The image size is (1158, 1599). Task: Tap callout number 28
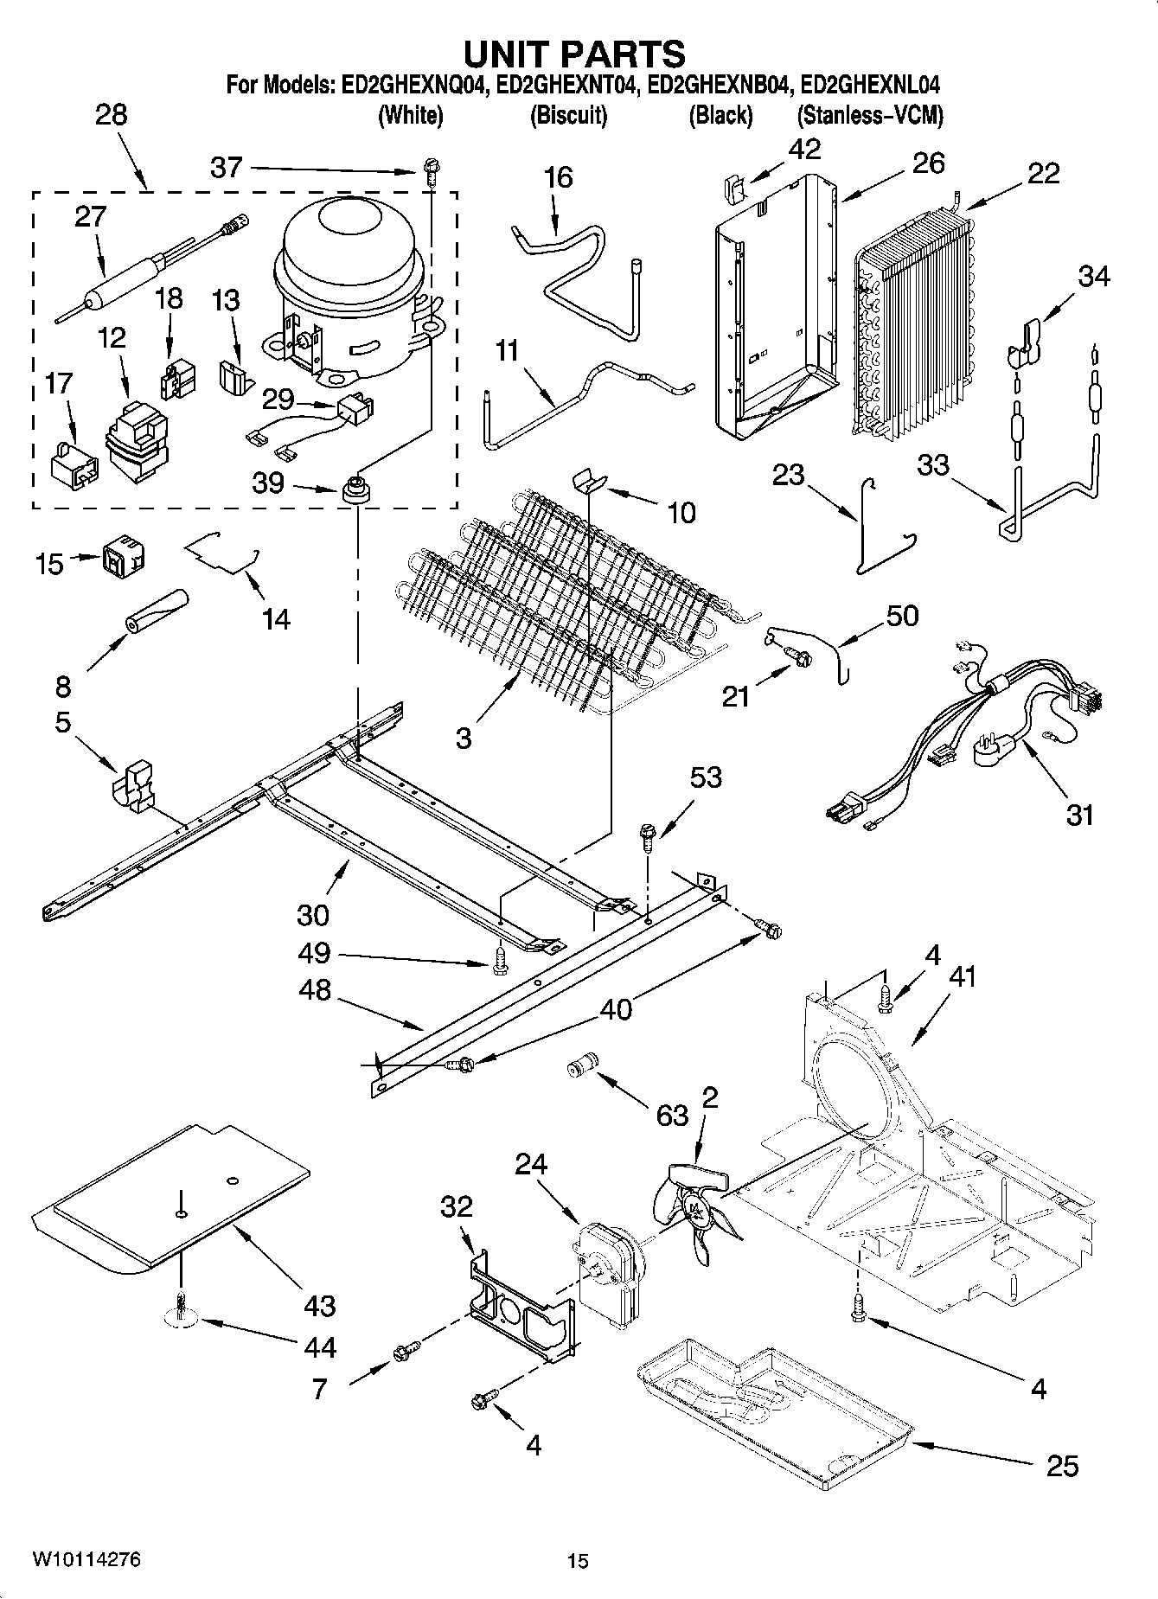pos(111,115)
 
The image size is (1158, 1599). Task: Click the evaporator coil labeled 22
pos(917,311)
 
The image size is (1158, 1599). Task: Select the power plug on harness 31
pos(995,752)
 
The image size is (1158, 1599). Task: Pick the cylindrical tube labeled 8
pos(158,611)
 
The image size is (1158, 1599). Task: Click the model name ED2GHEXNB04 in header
pos(719,86)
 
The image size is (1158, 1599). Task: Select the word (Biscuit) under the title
pos(568,116)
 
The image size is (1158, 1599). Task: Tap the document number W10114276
pos(86,1559)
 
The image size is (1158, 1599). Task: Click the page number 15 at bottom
pos(578,1561)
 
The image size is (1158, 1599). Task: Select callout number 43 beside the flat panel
pos(319,1305)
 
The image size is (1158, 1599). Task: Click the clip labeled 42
pos(733,188)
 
